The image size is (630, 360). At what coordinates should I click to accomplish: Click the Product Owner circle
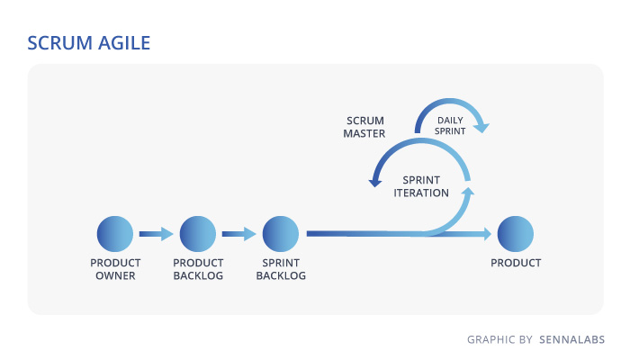[115, 234]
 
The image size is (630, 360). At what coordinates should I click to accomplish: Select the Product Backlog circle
[198, 234]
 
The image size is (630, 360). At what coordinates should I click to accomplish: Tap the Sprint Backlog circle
[281, 234]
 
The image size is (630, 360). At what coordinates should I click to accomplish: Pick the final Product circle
[516, 234]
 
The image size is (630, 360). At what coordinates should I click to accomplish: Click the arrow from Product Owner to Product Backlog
[156, 234]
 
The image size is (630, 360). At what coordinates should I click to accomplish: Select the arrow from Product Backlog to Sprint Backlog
[238, 234]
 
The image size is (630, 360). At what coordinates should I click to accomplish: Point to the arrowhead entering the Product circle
[487, 234]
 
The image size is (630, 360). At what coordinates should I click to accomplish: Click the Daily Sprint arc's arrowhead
[481, 128]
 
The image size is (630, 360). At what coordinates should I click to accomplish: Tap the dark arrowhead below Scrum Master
[375, 183]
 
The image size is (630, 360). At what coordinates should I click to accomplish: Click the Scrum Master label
[364, 127]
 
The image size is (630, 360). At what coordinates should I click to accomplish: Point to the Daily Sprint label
[450, 126]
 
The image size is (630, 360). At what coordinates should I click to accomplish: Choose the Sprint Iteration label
[421, 186]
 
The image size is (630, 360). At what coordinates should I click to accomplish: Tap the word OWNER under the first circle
[115, 275]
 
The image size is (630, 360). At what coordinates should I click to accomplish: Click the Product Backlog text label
[198, 269]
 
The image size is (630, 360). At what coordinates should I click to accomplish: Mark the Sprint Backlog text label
[281, 269]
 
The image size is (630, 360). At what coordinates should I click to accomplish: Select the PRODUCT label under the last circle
[516, 263]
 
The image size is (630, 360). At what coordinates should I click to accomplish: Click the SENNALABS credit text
[571, 339]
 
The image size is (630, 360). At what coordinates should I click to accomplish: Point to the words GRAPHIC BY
[499, 339]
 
